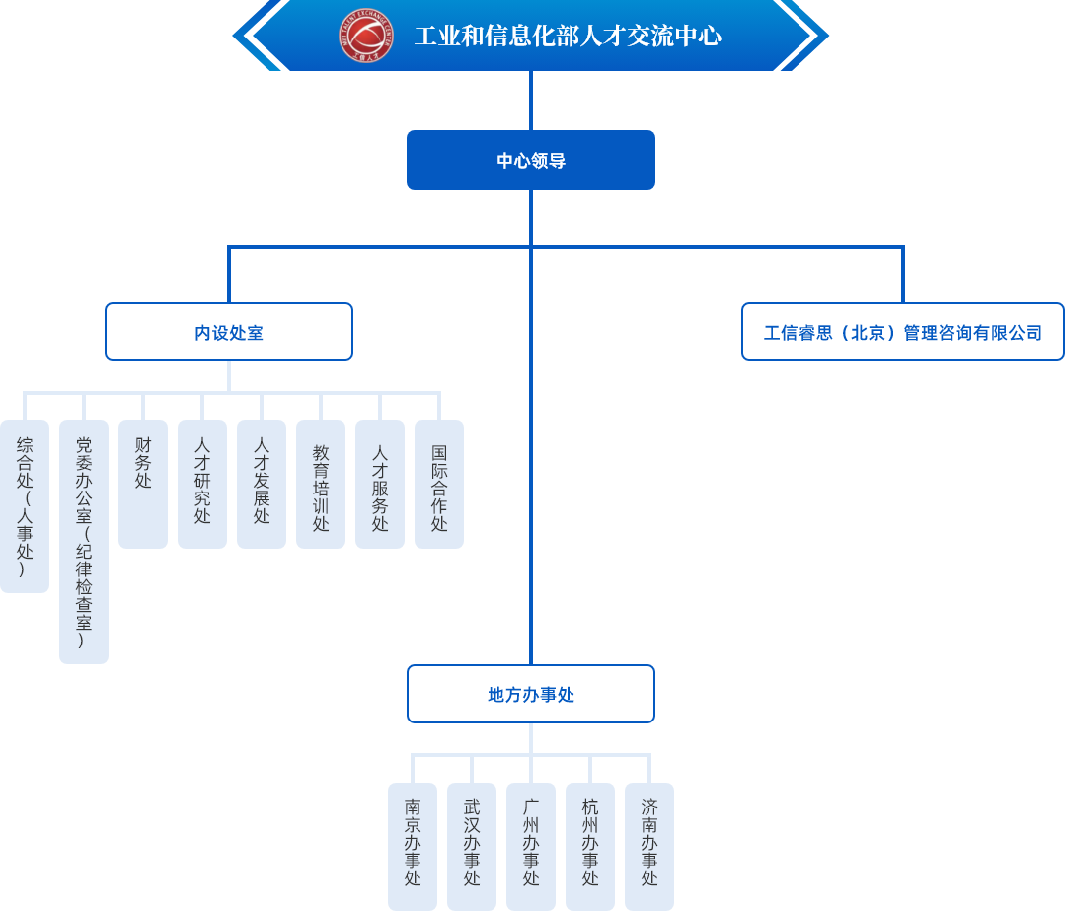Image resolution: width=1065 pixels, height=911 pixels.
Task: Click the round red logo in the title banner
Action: [365, 36]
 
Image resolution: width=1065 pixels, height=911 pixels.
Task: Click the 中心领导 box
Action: [531, 160]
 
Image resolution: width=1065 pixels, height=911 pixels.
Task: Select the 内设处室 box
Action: [229, 332]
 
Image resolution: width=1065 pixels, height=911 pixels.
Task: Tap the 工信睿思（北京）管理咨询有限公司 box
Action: [902, 332]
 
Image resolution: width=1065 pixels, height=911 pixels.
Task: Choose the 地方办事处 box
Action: [531, 694]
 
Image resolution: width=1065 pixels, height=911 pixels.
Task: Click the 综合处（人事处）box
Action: [25, 506]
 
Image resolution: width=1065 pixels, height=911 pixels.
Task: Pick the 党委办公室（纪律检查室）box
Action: [84, 542]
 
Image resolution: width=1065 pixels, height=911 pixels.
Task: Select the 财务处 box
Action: [143, 484]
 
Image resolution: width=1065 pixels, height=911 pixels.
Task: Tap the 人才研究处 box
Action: [202, 484]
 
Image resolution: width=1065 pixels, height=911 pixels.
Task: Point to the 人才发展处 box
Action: [262, 484]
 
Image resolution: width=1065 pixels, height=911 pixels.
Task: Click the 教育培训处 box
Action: [321, 484]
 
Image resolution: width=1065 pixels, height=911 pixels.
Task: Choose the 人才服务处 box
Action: [380, 484]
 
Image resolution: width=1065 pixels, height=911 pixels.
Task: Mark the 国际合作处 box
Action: [439, 484]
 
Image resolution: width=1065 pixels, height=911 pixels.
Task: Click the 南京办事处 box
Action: [413, 846]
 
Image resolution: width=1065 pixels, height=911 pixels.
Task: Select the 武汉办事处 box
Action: [472, 846]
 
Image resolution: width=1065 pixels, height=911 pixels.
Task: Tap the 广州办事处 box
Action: [531, 846]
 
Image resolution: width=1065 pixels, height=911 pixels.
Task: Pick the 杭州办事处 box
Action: [590, 846]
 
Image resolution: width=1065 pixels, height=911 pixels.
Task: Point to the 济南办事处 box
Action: [649, 846]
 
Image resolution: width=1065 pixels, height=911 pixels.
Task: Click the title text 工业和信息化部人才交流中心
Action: [568, 37]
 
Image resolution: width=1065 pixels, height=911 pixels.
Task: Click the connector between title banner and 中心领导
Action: [531, 101]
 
